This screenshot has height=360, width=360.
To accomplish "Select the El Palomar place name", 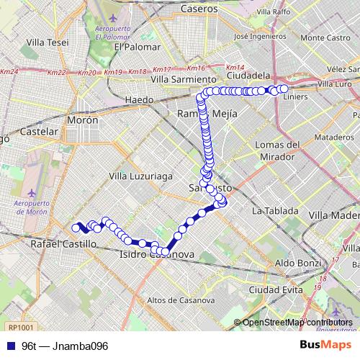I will (135, 47).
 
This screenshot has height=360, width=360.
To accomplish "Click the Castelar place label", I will (39, 132).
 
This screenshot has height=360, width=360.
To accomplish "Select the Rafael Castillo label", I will (63, 245).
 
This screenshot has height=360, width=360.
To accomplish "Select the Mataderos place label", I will (320, 136).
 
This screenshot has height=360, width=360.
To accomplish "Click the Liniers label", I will (296, 96).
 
